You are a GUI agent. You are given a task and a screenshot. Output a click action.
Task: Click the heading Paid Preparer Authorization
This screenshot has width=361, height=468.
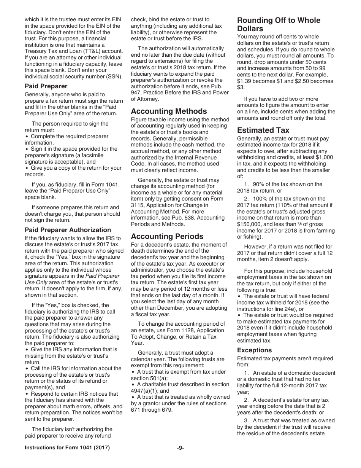(68, 230)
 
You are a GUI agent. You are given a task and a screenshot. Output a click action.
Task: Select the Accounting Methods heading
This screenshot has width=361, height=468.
(169, 111)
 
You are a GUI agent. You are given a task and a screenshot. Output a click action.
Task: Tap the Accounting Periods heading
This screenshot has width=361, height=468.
(167, 236)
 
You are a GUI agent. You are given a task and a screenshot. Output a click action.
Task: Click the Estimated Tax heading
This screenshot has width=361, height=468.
(261, 130)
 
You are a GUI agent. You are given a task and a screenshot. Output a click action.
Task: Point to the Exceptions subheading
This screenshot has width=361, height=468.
(254, 350)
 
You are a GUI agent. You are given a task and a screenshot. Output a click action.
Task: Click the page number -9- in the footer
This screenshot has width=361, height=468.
(180, 448)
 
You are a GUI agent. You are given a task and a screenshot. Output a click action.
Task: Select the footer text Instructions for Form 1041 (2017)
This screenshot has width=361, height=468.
(67, 448)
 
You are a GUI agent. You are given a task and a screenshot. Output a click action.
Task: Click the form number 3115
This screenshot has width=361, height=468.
(138, 205)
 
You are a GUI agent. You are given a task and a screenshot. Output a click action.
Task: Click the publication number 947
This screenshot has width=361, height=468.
(137, 92)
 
